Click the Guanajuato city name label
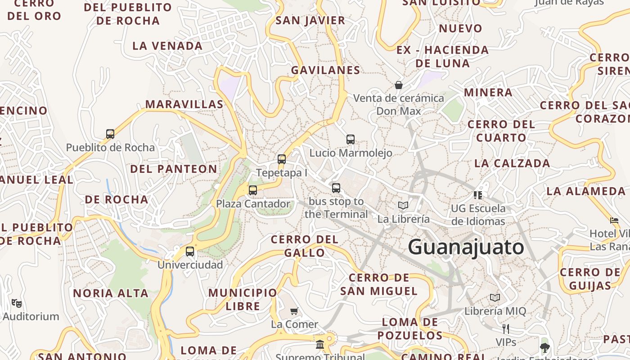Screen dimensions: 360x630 (466, 247)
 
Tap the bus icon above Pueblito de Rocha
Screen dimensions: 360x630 (110, 134)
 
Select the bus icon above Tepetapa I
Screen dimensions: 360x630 (282, 159)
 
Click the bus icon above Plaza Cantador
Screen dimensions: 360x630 (253, 190)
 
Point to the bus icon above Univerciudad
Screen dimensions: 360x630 (190, 251)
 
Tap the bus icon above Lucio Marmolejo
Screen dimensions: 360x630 (351, 139)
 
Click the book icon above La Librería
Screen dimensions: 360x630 (403, 205)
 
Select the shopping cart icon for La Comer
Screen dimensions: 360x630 (294, 310)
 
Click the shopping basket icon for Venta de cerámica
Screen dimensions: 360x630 (398, 85)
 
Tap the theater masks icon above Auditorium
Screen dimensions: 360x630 (17, 303)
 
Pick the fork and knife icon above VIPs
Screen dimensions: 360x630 (506, 328)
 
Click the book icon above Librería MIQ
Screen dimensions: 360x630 (495, 297)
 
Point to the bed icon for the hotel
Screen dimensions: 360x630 (614, 220)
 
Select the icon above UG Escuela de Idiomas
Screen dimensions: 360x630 (478, 195)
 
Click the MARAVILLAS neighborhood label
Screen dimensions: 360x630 (184, 104)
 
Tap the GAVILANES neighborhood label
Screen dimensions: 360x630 (325, 70)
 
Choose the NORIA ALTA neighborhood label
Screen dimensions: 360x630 (111, 293)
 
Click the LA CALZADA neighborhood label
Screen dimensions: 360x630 (512, 163)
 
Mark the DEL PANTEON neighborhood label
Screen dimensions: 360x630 (174, 169)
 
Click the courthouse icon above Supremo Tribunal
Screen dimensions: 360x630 (320, 344)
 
